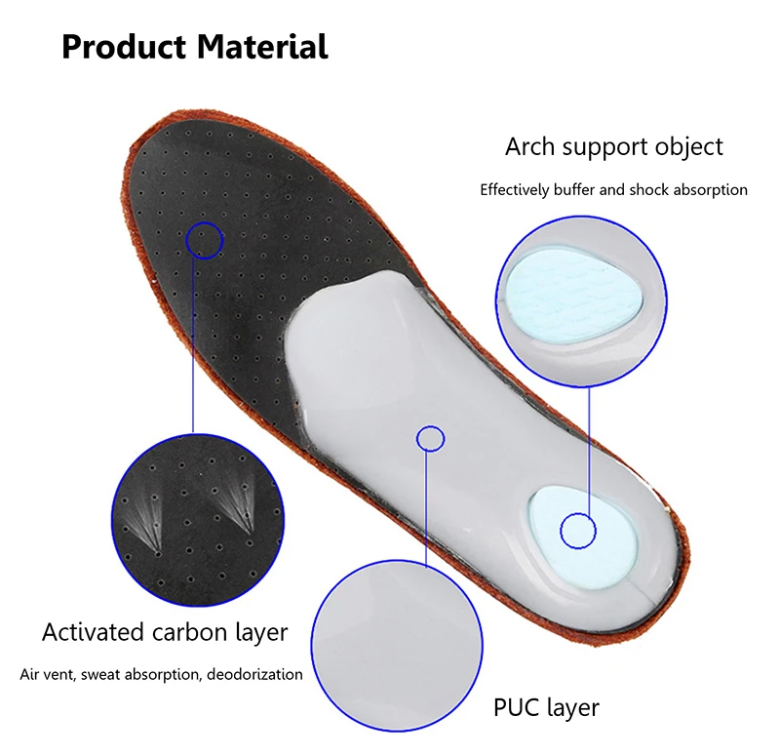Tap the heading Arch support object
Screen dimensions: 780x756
(x=613, y=147)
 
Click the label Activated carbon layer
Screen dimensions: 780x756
(x=165, y=632)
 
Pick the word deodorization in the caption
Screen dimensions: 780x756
(x=255, y=674)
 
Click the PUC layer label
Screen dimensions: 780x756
(x=547, y=706)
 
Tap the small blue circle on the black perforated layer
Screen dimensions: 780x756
(x=205, y=238)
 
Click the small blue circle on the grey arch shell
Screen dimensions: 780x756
(x=431, y=438)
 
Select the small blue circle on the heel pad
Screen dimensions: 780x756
(x=578, y=530)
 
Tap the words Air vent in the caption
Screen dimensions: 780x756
(x=44, y=674)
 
